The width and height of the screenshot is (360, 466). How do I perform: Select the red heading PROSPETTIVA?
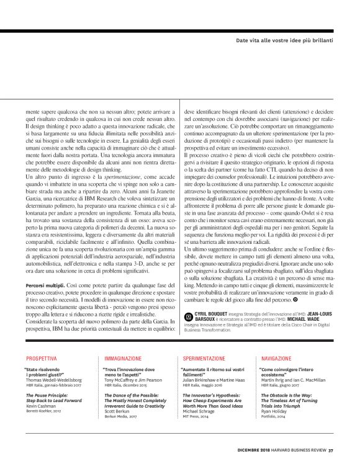41,359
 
